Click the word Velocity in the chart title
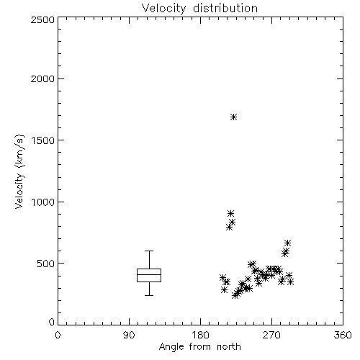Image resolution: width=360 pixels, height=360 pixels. (163, 9)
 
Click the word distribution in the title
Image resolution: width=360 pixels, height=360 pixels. (225, 8)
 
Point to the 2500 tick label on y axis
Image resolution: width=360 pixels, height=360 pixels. (42, 19)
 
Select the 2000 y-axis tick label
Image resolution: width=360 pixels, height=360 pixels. (42, 78)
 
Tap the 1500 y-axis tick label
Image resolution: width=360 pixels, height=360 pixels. (43, 140)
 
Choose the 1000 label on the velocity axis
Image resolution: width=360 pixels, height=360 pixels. (43, 202)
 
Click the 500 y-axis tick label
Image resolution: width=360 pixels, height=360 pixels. (46, 264)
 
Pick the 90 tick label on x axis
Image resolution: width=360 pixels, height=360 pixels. (129, 335)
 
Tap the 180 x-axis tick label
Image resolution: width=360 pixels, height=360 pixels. (200, 335)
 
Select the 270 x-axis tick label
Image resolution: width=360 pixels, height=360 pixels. (271, 335)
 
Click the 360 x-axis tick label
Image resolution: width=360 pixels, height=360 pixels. (343, 335)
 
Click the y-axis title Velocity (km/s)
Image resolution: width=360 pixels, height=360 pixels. (19, 171)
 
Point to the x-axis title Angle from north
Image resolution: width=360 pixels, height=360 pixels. (200, 347)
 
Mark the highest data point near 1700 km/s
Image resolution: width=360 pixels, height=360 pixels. (233, 117)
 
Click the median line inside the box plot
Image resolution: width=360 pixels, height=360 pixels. (149, 274)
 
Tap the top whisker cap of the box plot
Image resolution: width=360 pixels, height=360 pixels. (149, 251)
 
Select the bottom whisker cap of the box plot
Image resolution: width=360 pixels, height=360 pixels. (149, 295)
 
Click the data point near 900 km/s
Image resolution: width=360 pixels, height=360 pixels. (230, 213)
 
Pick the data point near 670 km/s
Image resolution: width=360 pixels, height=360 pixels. (287, 243)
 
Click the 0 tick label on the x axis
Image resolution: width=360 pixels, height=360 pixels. (58, 335)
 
